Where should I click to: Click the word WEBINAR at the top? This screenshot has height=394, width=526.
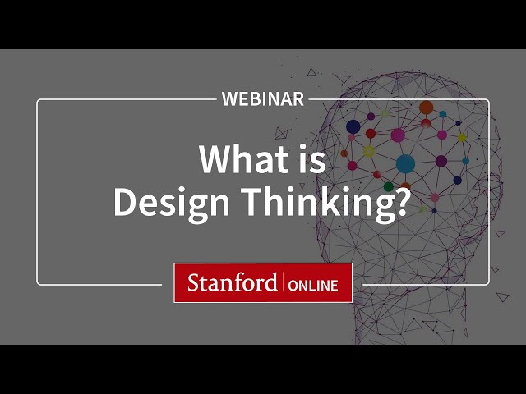point(263,99)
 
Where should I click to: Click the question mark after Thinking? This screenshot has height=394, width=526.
point(398,203)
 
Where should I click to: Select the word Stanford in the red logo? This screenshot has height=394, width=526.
point(232,283)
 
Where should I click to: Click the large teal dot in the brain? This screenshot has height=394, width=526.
point(405,163)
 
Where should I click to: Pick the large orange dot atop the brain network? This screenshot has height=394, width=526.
point(426,108)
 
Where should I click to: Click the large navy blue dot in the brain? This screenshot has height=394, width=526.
point(353,126)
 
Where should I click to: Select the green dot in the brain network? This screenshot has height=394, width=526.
point(389,186)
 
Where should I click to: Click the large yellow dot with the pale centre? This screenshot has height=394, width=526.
point(369,151)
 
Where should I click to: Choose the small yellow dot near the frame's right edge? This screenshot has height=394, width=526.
point(462,138)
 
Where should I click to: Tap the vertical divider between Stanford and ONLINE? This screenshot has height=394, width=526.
point(283,283)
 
